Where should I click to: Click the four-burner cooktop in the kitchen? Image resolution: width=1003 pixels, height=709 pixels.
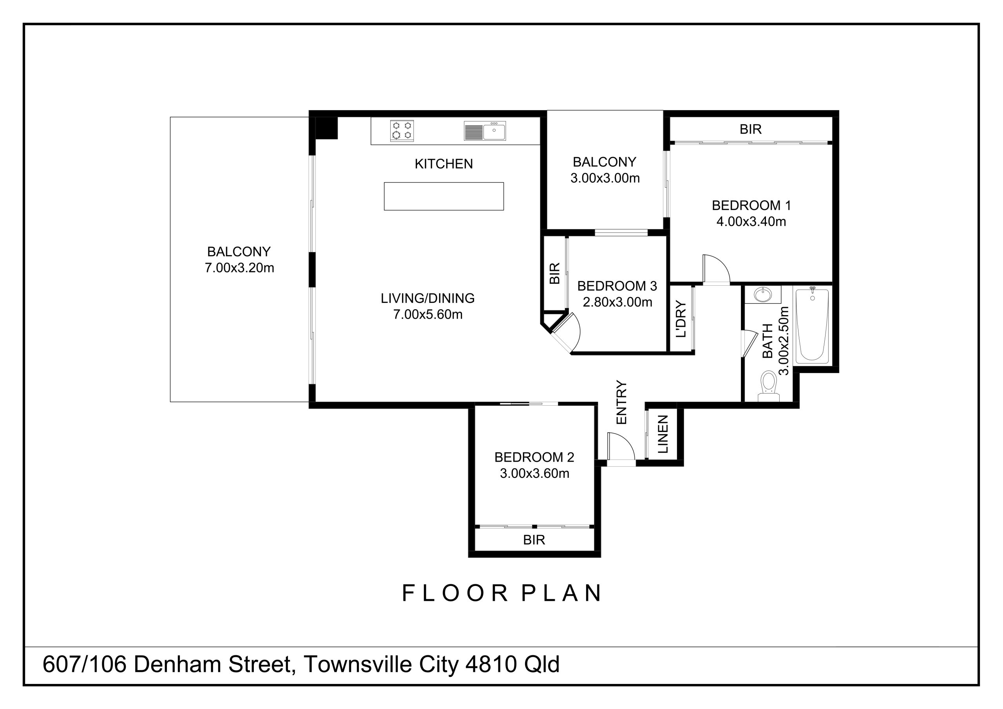[x=402, y=131]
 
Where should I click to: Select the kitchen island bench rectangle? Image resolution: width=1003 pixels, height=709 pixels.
[x=444, y=196]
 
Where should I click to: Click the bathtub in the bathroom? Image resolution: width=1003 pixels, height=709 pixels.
[x=812, y=326]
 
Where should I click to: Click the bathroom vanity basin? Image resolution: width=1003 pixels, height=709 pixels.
[x=763, y=295]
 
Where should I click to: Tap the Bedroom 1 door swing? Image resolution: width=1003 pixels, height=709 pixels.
[x=716, y=270]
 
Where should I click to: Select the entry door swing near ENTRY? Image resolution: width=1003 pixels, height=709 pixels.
[x=620, y=447]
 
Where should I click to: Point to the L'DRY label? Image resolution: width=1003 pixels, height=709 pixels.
[x=681, y=319]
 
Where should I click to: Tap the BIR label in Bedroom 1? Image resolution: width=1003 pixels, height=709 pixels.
[x=751, y=129]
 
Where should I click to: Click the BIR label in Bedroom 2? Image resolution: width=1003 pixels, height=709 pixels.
[x=534, y=540]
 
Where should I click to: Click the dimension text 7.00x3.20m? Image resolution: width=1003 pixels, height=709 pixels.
[x=239, y=268]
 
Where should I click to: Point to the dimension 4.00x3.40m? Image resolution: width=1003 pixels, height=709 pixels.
[x=751, y=221]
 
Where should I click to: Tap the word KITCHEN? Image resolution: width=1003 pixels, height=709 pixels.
[x=444, y=164]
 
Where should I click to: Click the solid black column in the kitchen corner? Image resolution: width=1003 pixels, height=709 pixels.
[x=326, y=128]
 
